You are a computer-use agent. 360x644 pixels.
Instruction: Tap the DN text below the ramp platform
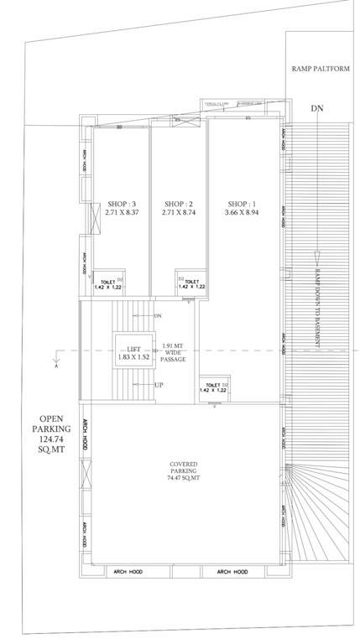point(316,108)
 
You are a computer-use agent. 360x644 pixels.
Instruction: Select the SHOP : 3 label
point(122,203)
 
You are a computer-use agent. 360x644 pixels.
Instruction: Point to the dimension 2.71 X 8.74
point(180,213)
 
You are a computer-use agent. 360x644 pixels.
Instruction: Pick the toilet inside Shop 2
point(191,283)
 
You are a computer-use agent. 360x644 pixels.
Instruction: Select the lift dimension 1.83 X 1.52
point(133,356)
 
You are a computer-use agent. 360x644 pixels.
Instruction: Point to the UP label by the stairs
point(158,385)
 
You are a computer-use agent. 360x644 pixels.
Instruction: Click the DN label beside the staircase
point(158,315)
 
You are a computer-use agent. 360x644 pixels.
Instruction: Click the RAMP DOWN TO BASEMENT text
point(317,304)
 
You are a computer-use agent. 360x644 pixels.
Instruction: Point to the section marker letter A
point(56,366)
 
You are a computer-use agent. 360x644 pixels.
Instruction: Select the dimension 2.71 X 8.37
point(122,213)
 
